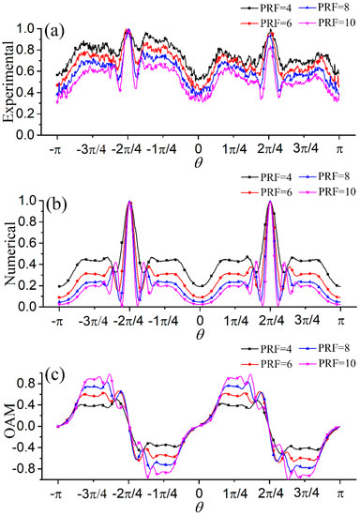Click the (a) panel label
pos(54,31)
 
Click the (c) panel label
pos(54,376)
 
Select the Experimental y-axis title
pos(10,82)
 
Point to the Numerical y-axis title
pos(10,253)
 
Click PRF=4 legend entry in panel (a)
pos(266,8)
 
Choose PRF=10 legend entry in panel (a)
pos(328,23)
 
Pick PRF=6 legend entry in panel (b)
pos(266,191)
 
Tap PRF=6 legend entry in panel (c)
pos(266,363)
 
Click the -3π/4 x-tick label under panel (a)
pos(92,149)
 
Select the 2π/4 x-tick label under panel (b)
pos(270,321)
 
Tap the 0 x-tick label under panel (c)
pos(199,493)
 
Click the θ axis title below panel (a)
pos(198,162)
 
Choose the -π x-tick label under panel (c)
pos(57,493)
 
